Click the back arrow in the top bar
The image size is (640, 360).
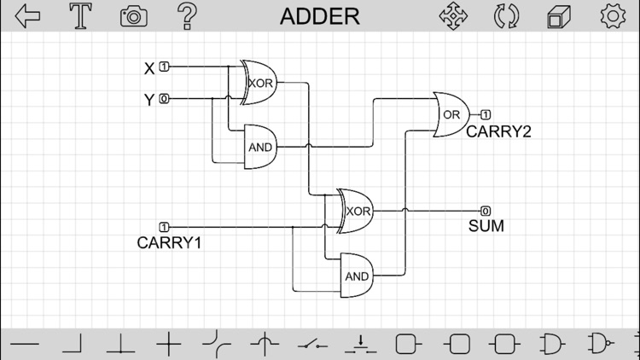[28, 16]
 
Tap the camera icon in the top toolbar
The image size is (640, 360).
[133, 16]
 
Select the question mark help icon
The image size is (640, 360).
[186, 16]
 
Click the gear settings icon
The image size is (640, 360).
[612, 16]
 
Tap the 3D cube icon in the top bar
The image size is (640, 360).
[559, 16]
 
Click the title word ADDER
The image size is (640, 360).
[320, 16]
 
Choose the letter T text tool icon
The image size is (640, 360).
[81, 16]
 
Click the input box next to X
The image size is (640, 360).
[164, 67]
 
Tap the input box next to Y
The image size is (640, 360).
[164, 99]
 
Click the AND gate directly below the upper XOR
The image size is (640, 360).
[260, 147]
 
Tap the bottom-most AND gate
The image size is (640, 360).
[358, 276]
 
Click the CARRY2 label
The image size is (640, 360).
[498, 132]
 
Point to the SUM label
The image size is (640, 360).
[486, 227]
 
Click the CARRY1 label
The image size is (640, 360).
[169, 243]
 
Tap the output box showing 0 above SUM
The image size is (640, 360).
[486, 211]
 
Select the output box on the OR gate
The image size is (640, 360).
[486, 114]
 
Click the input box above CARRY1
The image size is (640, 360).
[164, 227]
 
